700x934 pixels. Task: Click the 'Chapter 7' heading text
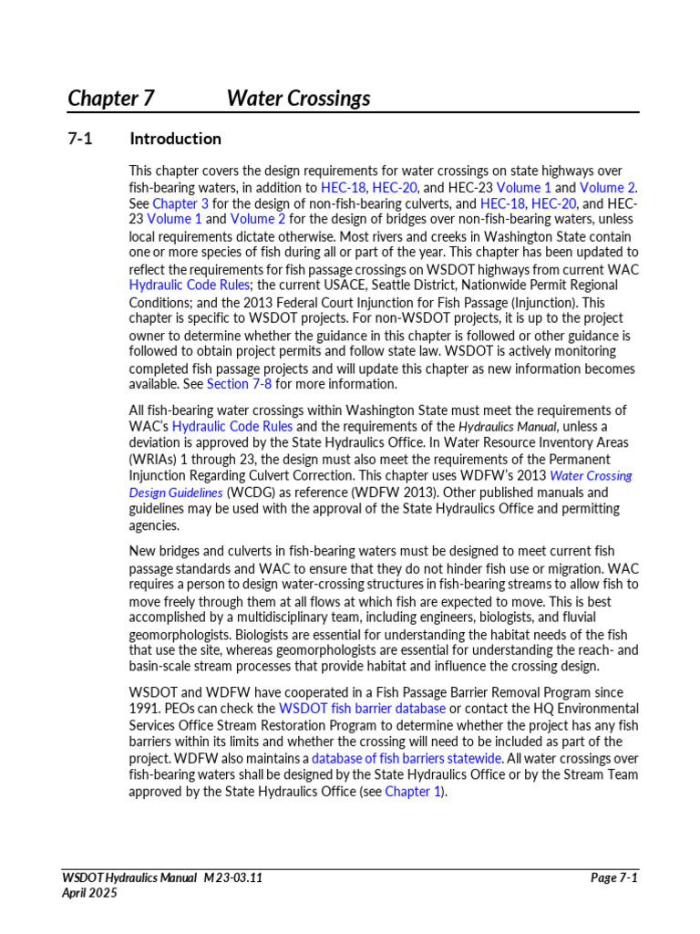click(x=111, y=99)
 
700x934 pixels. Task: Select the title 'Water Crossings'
click(x=298, y=99)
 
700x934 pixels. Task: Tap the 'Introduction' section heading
click(x=175, y=139)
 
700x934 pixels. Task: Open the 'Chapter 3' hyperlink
click(x=180, y=203)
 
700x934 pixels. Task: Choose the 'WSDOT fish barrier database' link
click(x=362, y=709)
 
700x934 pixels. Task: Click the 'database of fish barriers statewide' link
click(x=407, y=758)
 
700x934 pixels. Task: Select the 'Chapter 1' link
click(x=413, y=791)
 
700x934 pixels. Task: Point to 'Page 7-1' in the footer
click(x=613, y=877)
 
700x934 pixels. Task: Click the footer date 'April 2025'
click(x=89, y=893)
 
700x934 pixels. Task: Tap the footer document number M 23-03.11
click(x=234, y=877)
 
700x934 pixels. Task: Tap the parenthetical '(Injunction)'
click(x=539, y=302)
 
